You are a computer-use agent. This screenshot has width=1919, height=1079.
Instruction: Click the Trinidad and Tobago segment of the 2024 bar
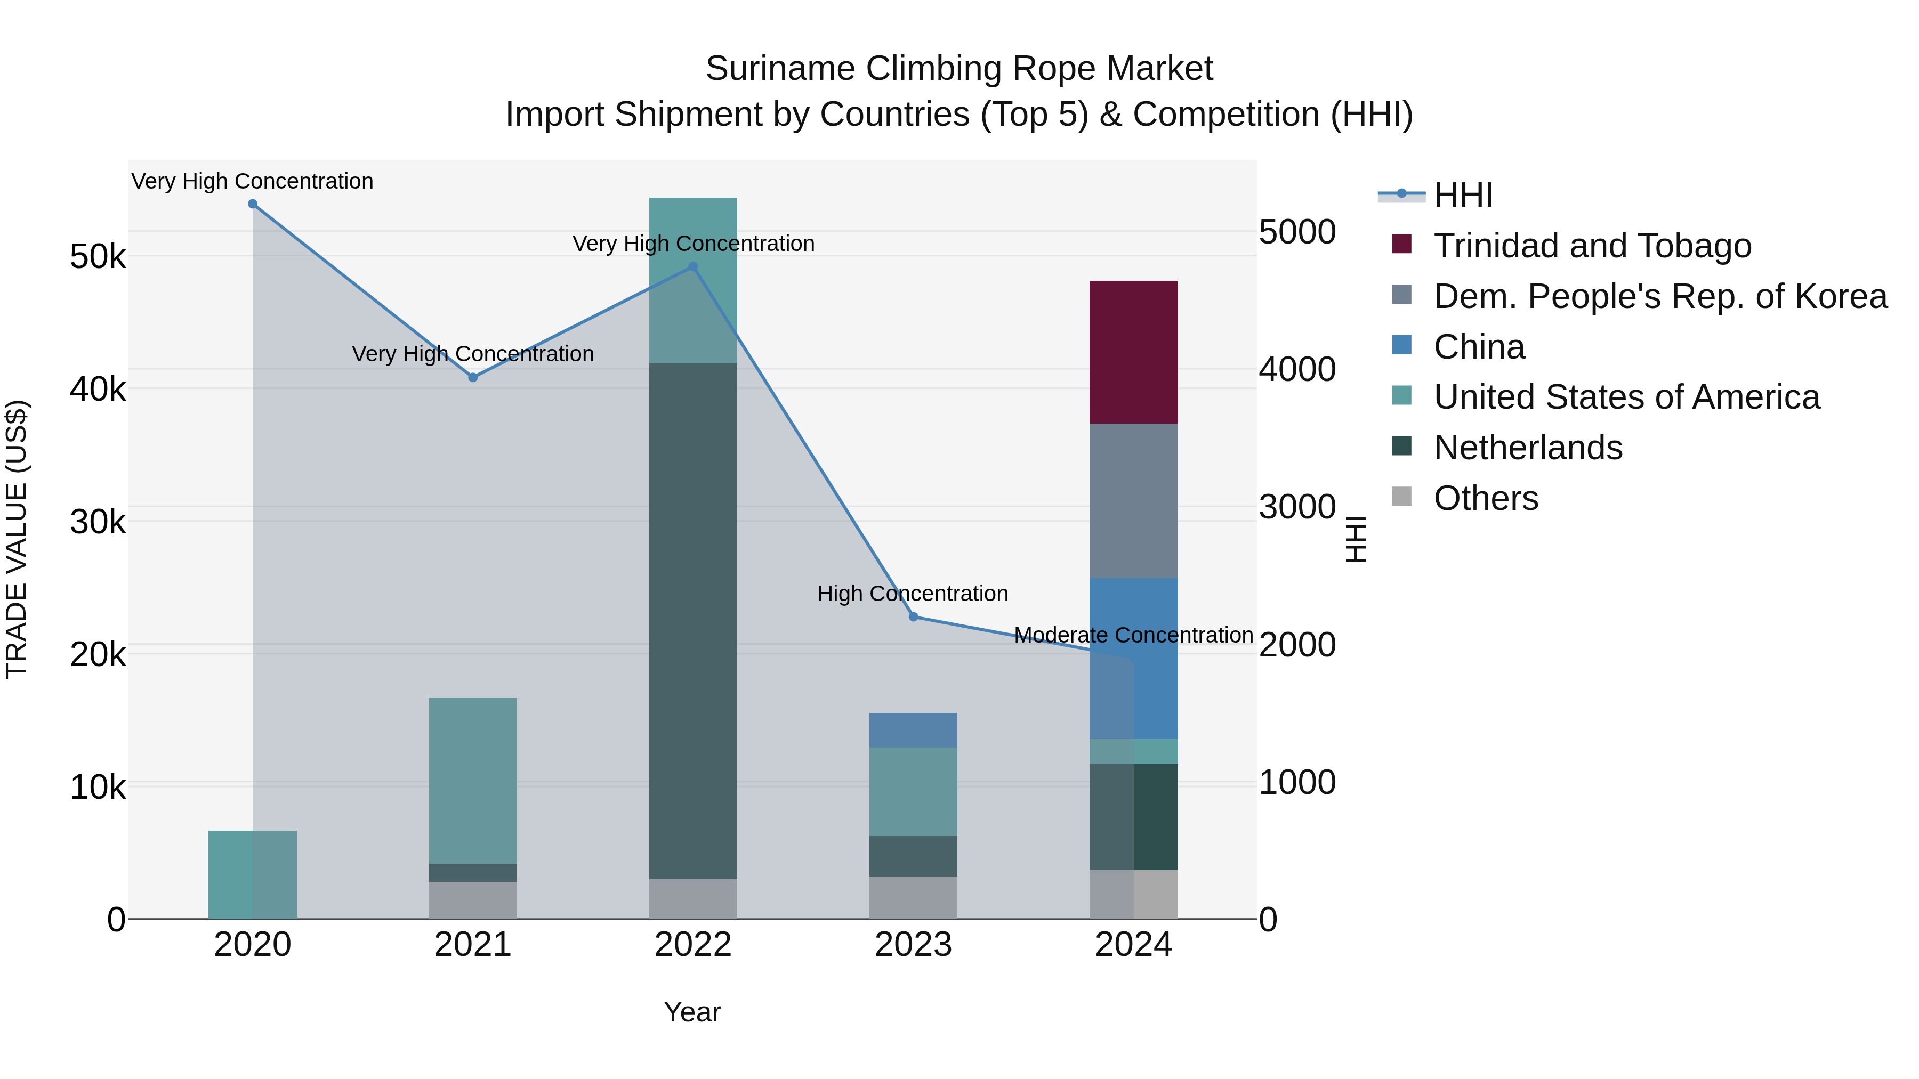tap(1133, 352)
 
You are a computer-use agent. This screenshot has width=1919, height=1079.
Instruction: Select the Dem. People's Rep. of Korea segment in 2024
tap(1133, 500)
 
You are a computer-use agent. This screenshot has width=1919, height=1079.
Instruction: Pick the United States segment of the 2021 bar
tap(472, 781)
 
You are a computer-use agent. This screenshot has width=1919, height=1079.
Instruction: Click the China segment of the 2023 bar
tap(913, 730)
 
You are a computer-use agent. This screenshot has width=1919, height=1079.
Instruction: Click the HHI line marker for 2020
tap(253, 204)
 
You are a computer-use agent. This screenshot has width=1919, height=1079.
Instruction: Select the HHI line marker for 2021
tap(472, 378)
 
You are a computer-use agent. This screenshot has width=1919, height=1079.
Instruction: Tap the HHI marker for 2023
tap(913, 616)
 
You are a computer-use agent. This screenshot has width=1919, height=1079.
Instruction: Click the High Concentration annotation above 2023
tap(913, 594)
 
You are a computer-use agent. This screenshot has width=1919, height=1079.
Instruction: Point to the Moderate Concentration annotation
tap(1133, 635)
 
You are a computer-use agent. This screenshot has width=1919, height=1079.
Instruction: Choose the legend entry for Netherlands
tap(1527, 448)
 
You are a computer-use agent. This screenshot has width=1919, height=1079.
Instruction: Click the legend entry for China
tap(1479, 347)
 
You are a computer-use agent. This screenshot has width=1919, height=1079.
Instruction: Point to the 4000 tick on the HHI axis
tap(1297, 369)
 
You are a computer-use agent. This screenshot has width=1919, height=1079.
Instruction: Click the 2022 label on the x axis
tap(693, 945)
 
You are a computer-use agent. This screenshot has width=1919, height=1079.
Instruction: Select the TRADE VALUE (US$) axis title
tap(17, 539)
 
